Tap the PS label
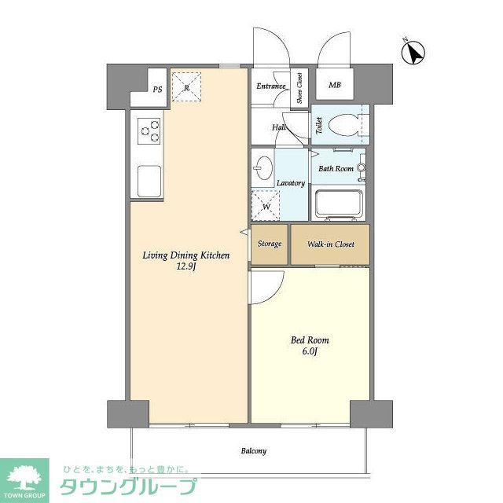pos(158,89)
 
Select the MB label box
pos(335,85)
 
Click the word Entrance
pos(270,85)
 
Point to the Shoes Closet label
pos(299,88)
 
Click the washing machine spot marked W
pos(266,207)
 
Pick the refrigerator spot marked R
pos(186,87)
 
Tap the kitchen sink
pos(149,182)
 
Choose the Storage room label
pos(270,244)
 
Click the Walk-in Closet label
pos(330,244)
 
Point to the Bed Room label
pos(310,340)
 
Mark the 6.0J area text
pos(310,353)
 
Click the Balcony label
pos(253,451)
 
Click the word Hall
pos(279,127)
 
